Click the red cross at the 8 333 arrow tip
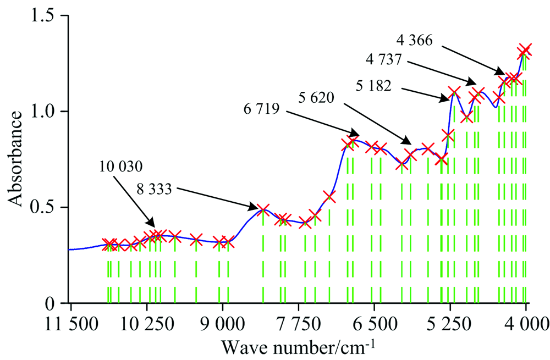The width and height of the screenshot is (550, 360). [263, 209]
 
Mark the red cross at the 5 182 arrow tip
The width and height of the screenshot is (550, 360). [454, 92]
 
